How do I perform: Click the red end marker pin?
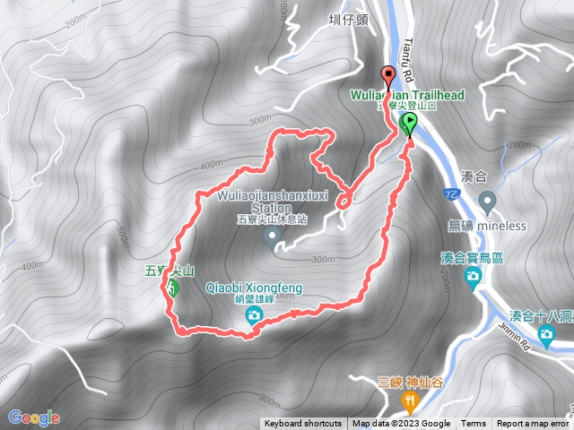388,75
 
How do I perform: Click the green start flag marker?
410,123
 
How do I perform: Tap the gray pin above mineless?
487,200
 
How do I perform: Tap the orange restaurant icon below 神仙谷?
411,399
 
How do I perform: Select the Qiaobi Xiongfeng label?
255,288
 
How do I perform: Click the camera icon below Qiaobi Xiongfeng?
254,314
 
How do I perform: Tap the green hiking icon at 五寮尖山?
171,288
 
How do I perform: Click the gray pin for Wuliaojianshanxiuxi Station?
274,236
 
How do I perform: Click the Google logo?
33,417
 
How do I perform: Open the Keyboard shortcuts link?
302,424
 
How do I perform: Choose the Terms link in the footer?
474,424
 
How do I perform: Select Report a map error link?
535,424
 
